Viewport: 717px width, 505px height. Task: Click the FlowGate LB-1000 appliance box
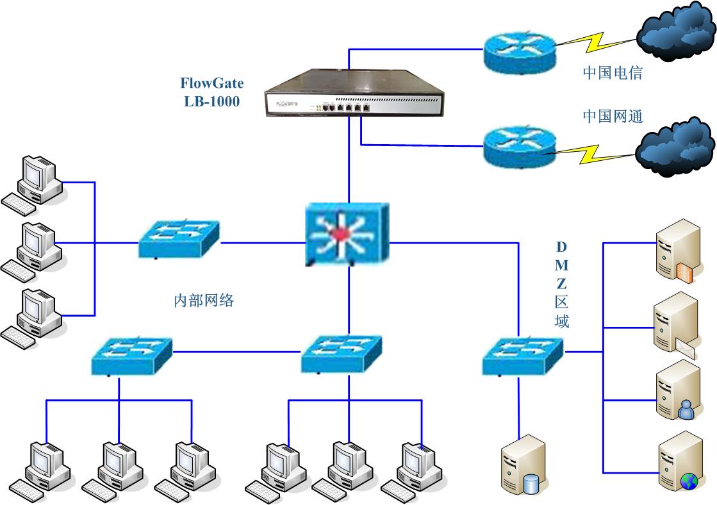[x=354, y=94]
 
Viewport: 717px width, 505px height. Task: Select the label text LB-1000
[x=211, y=101]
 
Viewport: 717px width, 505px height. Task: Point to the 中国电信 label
[x=612, y=72]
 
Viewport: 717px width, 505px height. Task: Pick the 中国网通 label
[x=612, y=116]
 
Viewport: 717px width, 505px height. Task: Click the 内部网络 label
[x=204, y=300]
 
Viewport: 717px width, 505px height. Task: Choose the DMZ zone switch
[x=522, y=355]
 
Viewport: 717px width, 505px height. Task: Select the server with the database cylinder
[x=522, y=464]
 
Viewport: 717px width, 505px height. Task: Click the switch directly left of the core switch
[x=179, y=238]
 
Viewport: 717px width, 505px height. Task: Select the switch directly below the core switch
[x=341, y=354]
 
